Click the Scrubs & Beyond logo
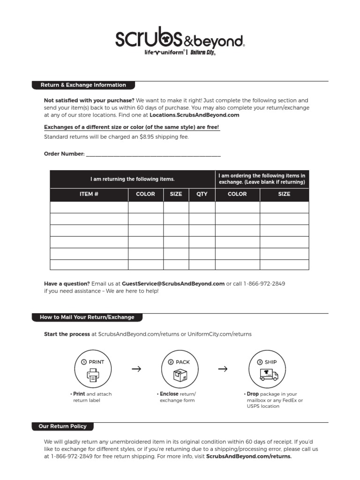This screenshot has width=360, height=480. click(180, 39)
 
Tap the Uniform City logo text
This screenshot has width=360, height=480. click(202, 53)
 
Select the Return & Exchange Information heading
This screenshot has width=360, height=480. click(83, 85)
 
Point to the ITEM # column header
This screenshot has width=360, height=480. click(89, 194)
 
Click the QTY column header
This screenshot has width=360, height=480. click(202, 194)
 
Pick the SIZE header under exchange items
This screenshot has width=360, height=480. click(284, 194)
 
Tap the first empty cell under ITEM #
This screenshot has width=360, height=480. click(89, 207)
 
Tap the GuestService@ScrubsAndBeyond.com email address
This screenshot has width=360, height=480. click(173, 284)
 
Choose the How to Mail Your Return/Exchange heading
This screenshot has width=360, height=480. click(87, 317)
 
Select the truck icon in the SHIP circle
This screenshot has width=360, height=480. click(269, 375)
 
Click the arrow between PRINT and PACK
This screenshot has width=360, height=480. click(136, 369)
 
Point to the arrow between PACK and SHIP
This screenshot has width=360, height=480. click(223, 369)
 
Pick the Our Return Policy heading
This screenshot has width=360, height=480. click(62, 427)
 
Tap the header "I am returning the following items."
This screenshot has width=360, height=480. click(132, 179)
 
